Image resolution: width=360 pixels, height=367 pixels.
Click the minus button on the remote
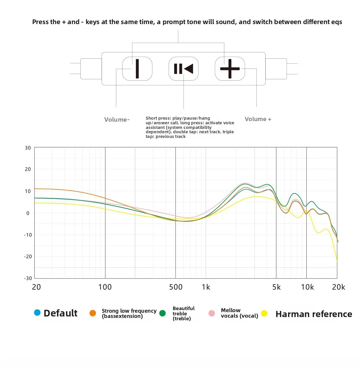137,69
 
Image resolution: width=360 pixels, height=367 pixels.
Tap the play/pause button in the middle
183,69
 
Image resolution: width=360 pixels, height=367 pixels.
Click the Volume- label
117,120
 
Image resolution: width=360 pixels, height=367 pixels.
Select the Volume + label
258,119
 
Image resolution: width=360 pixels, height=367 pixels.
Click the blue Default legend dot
37,312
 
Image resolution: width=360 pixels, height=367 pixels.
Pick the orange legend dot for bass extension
93,313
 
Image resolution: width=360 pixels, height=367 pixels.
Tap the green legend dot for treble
163,313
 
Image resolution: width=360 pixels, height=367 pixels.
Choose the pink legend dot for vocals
212,313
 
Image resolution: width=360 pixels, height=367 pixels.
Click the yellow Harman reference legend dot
264,313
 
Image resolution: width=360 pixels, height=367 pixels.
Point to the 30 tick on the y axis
28,148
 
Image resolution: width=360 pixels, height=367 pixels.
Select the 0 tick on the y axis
28,213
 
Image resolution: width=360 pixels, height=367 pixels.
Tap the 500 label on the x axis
176,287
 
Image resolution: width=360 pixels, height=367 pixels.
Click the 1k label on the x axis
206,287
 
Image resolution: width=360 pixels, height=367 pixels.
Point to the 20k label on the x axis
339,287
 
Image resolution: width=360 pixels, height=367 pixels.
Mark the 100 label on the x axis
105,287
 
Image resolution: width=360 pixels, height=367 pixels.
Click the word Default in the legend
61,313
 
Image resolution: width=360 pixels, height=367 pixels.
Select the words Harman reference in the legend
314,314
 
